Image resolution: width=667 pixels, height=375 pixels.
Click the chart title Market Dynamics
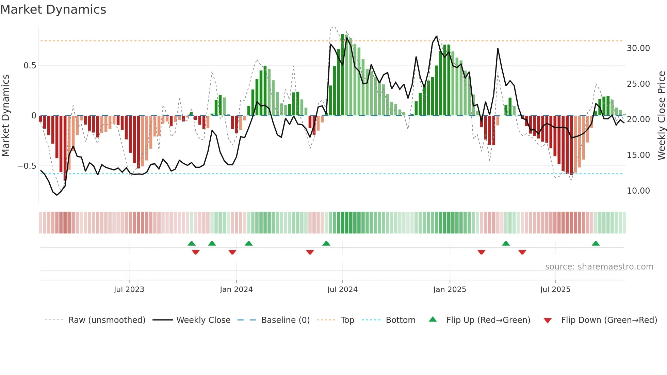click(x=53, y=10)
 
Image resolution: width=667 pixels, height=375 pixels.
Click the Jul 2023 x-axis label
click(x=129, y=290)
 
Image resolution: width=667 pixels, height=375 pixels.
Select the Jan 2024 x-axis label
click(x=236, y=290)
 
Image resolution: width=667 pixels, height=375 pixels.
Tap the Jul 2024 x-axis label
click(x=342, y=290)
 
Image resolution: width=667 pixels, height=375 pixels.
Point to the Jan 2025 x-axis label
click(x=450, y=290)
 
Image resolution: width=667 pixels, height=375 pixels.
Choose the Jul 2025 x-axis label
click(x=555, y=290)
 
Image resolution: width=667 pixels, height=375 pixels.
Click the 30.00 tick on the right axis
click(x=638, y=48)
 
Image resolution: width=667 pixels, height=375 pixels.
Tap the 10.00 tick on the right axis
click(x=638, y=191)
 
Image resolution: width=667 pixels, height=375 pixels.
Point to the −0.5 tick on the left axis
click(x=27, y=166)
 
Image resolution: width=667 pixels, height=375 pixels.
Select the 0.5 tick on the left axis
click(x=30, y=66)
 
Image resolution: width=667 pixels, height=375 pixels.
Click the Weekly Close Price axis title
click(x=661, y=116)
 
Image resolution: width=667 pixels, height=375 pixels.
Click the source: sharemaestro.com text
click(x=599, y=267)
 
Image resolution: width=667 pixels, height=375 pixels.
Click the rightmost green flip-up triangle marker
click(x=596, y=244)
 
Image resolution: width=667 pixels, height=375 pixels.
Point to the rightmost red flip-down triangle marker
click(x=522, y=252)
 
